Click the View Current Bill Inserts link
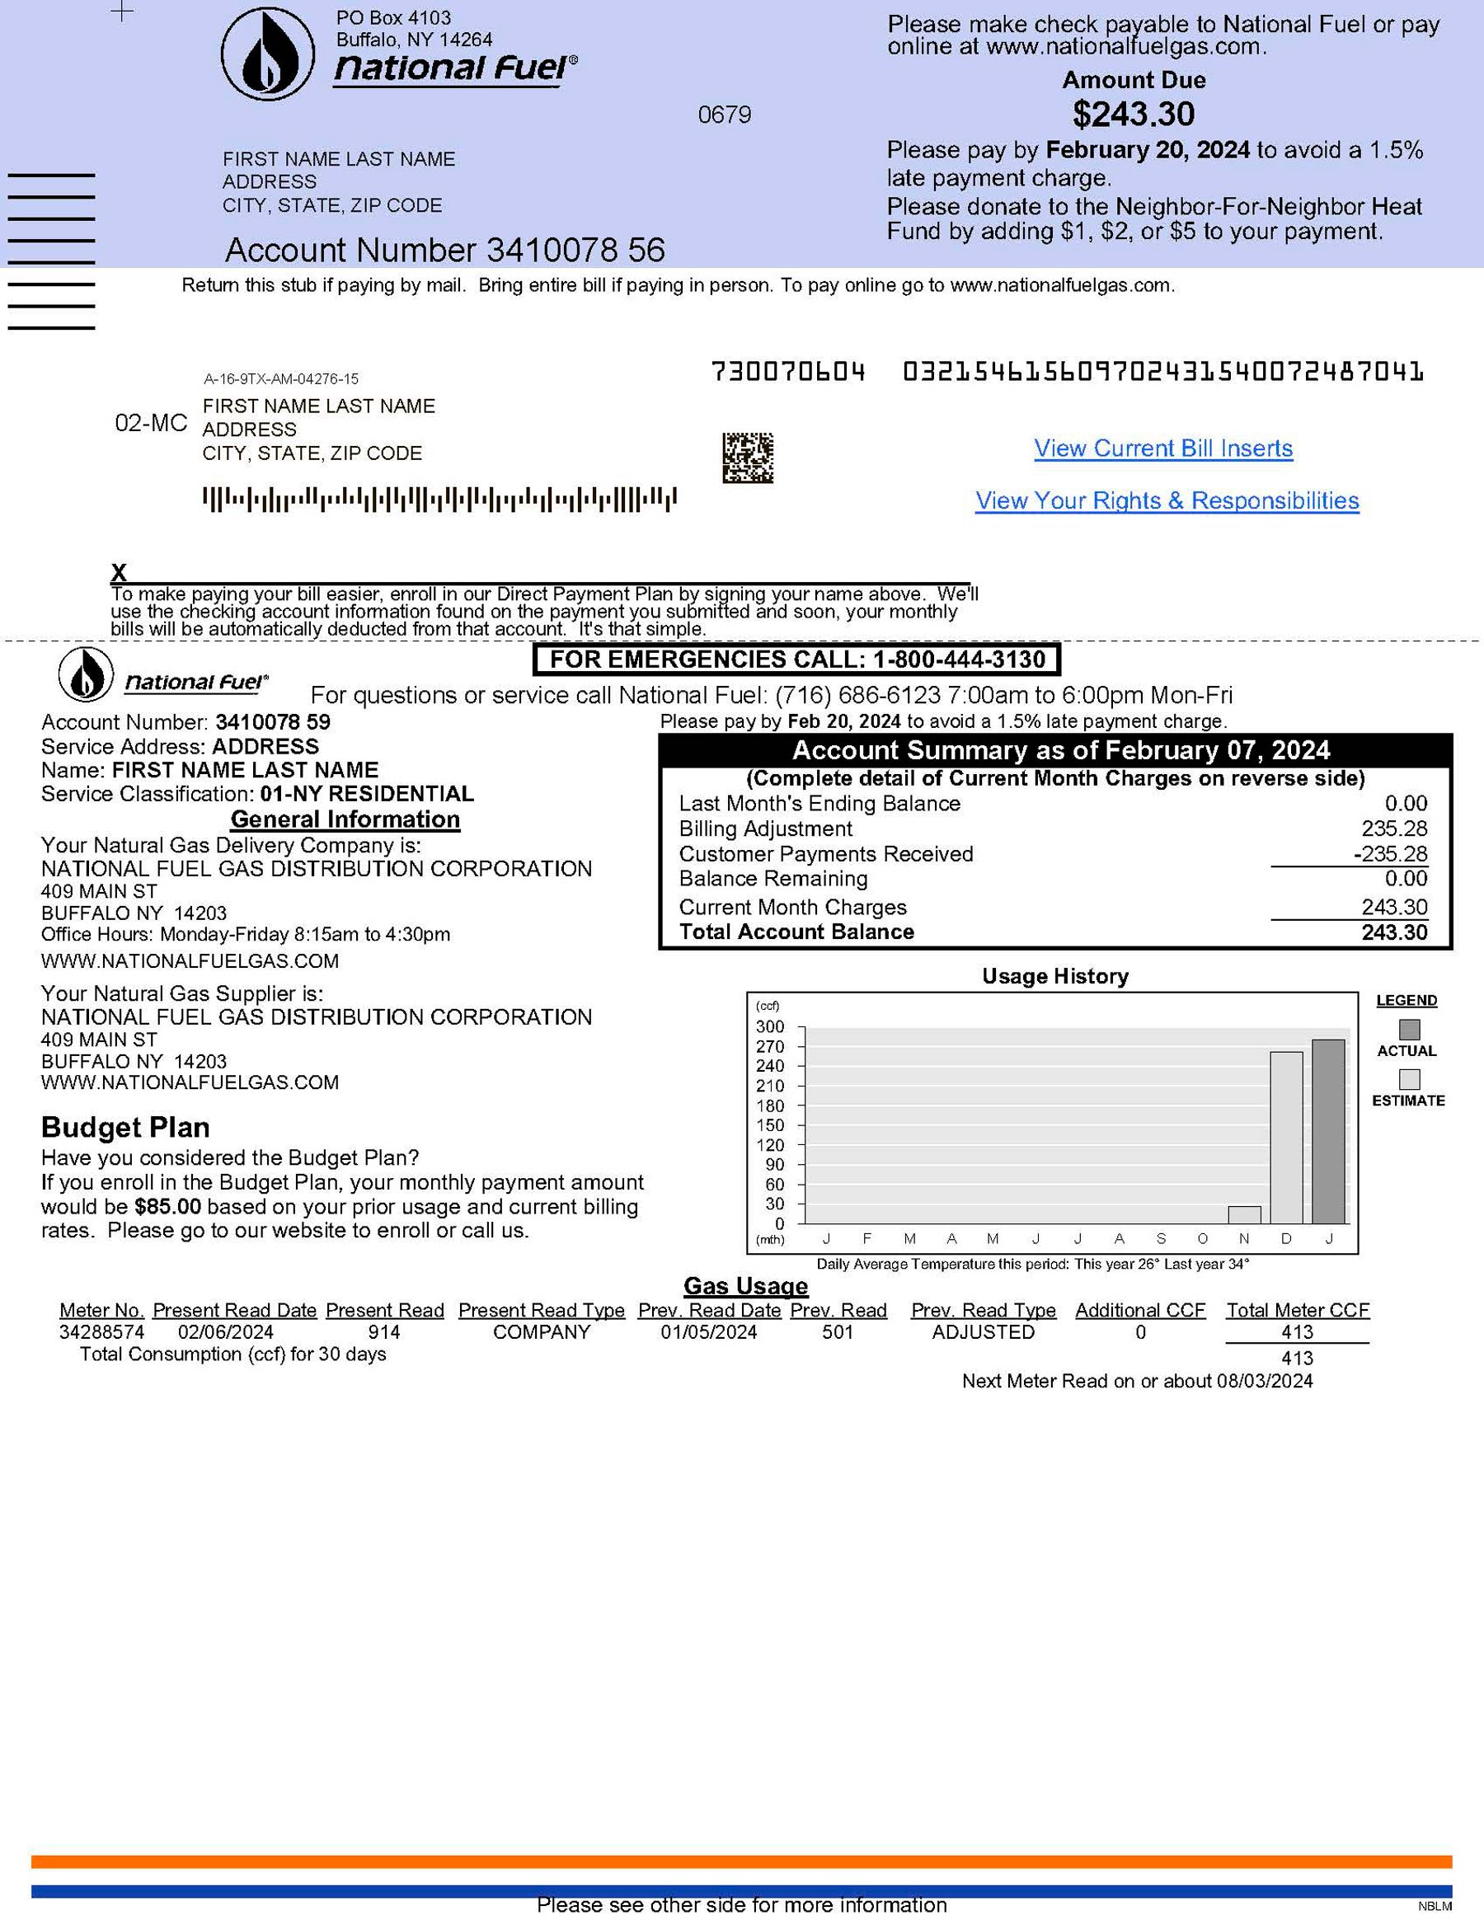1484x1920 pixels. [x=1162, y=448]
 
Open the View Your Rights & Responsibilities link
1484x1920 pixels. [x=1167, y=500]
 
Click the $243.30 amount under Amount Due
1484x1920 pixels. [x=1134, y=115]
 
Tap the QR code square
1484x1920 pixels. [x=747, y=458]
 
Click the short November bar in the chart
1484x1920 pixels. [x=1244, y=1215]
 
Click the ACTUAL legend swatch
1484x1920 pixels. [x=1408, y=1030]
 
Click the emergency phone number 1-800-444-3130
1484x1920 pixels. [x=959, y=660]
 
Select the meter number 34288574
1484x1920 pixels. [x=102, y=1332]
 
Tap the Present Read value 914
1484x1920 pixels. [x=384, y=1332]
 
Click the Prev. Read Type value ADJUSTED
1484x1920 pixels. [x=983, y=1332]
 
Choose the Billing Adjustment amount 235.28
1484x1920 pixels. [x=1393, y=829]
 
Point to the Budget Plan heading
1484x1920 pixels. [x=125, y=1127]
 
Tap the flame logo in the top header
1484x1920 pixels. [x=267, y=54]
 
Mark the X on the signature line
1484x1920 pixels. [x=119, y=572]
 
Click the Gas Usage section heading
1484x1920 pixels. [x=745, y=1286]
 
